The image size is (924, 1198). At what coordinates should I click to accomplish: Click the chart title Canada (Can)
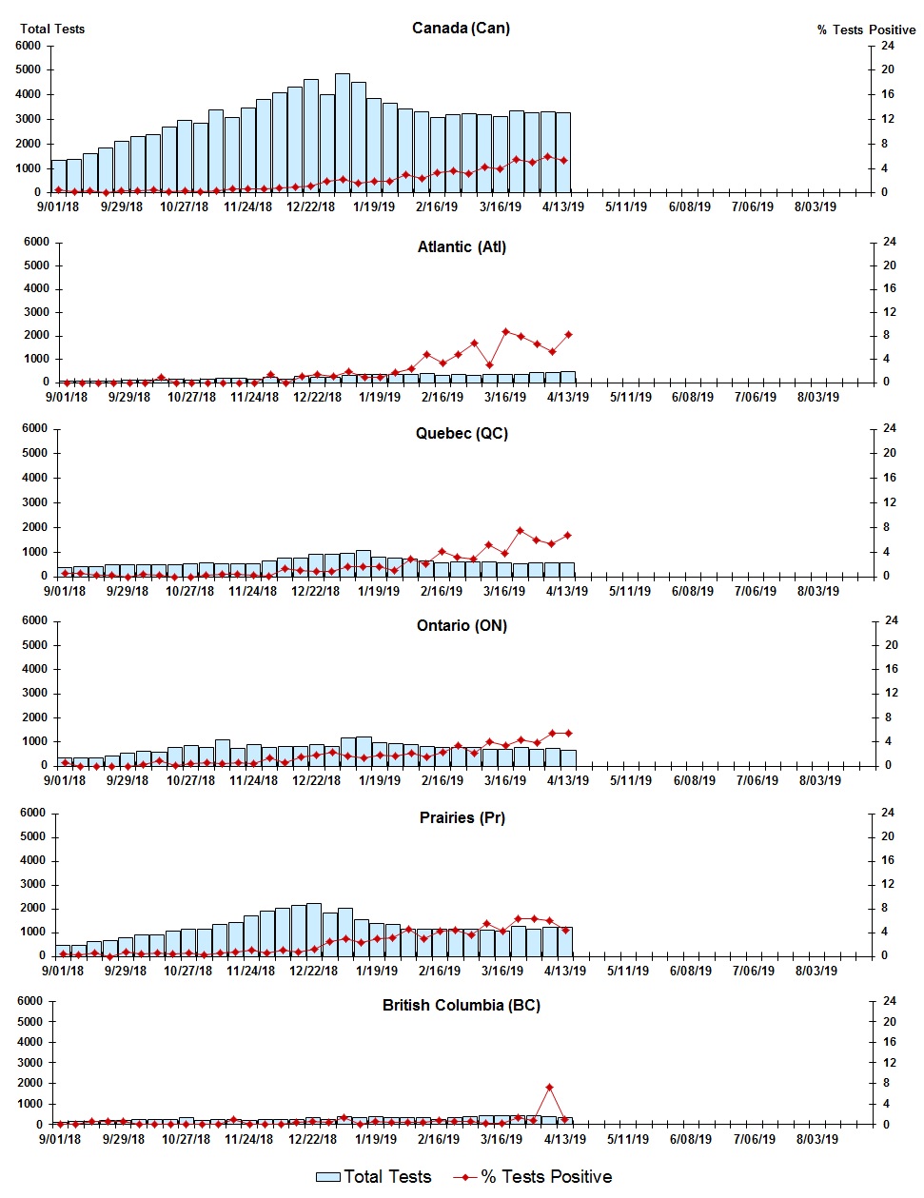[461, 28]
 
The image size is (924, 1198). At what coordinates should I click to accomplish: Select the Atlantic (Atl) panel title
[462, 246]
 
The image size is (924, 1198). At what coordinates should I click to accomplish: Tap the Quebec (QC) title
[462, 433]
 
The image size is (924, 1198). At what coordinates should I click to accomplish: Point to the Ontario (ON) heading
[462, 625]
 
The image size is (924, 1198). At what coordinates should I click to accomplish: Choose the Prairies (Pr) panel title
[462, 817]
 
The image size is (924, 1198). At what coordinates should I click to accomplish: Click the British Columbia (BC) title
[462, 1005]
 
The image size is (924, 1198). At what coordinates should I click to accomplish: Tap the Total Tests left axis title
[52, 29]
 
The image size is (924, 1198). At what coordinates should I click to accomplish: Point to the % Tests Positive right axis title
[866, 29]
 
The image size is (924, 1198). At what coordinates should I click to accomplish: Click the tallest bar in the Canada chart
[343, 133]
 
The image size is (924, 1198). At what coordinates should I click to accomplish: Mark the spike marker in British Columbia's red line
[549, 1087]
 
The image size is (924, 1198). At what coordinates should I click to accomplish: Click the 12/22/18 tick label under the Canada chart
[311, 206]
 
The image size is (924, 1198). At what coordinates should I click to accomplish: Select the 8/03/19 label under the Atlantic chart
[817, 397]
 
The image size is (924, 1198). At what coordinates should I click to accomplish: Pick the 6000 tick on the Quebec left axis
[34, 428]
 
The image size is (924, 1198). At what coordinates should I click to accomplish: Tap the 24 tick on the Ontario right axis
[892, 620]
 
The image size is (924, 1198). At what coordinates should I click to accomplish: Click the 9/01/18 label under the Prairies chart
[63, 971]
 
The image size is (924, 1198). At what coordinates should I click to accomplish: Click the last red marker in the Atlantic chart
[568, 335]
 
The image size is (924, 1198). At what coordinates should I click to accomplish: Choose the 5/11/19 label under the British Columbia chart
[627, 1139]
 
